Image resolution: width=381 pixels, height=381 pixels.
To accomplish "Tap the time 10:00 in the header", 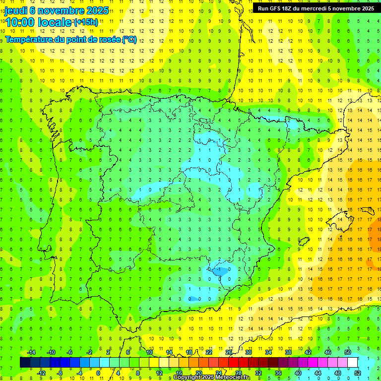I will click(x=20, y=22).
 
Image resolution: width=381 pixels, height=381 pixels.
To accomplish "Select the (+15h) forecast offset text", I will click(x=86, y=22).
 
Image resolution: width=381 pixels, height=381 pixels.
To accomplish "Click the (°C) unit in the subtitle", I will click(x=129, y=39).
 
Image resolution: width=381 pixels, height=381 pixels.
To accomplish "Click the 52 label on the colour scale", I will click(x=358, y=373).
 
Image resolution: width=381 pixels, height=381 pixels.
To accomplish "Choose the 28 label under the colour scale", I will click(x=239, y=373).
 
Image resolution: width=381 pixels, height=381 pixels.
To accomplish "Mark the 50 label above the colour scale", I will click(x=347, y=352).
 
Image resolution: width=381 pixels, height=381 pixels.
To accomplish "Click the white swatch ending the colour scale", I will click(x=352, y=363).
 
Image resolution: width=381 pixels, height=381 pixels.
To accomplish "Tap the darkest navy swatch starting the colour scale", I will click(x=25, y=363).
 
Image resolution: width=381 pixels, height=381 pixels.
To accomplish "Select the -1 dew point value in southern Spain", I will click(x=219, y=269).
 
